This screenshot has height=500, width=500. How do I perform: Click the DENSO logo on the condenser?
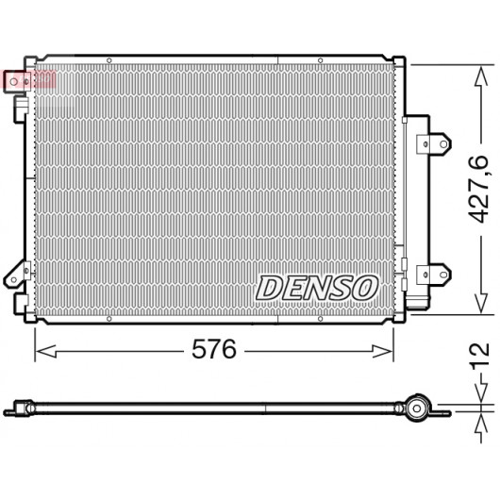pyautogui.click(x=317, y=288)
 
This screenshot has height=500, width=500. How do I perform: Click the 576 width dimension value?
pyautogui.click(x=214, y=349)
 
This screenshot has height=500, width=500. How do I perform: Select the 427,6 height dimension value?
pyautogui.click(x=479, y=190)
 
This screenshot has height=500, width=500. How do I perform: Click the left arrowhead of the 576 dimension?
pyautogui.click(x=46, y=351)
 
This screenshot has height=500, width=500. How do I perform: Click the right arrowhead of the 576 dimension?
pyautogui.click(x=382, y=351)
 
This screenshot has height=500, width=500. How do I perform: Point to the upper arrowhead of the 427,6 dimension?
pyautogui.click(x=481, y=76)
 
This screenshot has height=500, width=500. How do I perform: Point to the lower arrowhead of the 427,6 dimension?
pyautogui.click(x=481, y=303)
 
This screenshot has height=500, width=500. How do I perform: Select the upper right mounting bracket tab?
pyautogui.click(x=434, y=144)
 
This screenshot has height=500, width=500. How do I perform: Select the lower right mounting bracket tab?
pyautogui.click(x=434, y=275)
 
